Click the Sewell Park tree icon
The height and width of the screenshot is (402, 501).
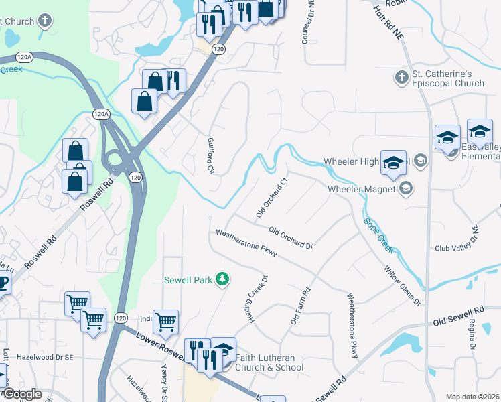point(225,279)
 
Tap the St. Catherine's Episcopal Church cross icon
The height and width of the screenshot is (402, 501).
point(401,77)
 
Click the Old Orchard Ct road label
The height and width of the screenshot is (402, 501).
point(272,197)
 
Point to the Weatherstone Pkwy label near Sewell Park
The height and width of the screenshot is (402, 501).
point(246,243)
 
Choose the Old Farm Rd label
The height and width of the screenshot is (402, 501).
point(301,306)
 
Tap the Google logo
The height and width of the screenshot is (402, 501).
point(22,394)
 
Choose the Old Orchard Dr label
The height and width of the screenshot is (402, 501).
point(291,238)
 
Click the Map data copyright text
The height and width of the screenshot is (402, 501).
point(472,396)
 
